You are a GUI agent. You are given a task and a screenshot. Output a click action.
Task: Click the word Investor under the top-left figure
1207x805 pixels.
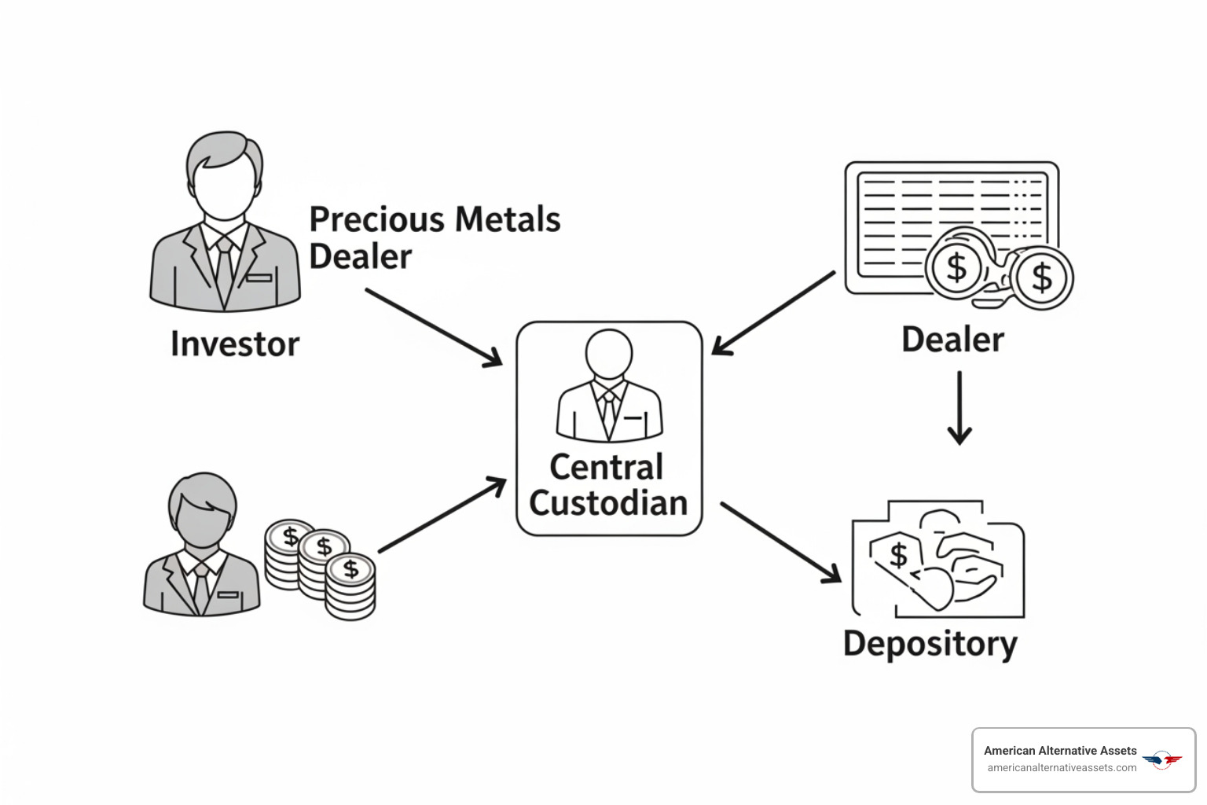click(234, 344)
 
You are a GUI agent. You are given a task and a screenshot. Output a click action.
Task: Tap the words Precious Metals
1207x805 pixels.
click(435, 219)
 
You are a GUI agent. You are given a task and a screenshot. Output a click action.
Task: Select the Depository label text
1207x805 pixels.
click(930, 644)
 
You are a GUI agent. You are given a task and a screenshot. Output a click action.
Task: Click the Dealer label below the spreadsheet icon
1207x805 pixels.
click(952, 340)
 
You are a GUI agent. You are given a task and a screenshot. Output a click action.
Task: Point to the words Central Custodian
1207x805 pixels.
click(607, 485)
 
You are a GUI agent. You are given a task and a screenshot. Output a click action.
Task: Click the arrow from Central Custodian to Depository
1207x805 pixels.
click(779, 542)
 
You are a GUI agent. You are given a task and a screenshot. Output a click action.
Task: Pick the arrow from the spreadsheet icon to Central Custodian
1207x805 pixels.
click(774, 313)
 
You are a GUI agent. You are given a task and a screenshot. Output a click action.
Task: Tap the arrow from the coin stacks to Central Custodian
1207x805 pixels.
click(442, 515)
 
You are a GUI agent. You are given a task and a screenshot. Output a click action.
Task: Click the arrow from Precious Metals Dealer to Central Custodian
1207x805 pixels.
click(433, 326)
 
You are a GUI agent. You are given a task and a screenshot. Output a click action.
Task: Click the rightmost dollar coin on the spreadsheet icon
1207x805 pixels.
click(1042, 278)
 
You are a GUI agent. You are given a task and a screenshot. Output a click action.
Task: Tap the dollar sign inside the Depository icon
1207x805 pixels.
click(898, 555)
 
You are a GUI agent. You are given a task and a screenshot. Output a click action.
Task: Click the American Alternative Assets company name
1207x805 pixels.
click(1059, 751)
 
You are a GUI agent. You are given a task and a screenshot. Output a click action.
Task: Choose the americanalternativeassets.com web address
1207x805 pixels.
click(1062, 768)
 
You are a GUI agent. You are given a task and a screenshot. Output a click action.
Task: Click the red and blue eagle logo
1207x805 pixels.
click(1161, 759)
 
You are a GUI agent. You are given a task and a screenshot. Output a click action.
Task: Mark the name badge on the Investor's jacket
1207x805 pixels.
click(259, 278)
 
